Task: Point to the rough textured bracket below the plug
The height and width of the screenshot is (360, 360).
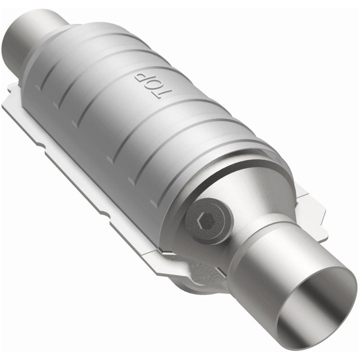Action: click(200, 265)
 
